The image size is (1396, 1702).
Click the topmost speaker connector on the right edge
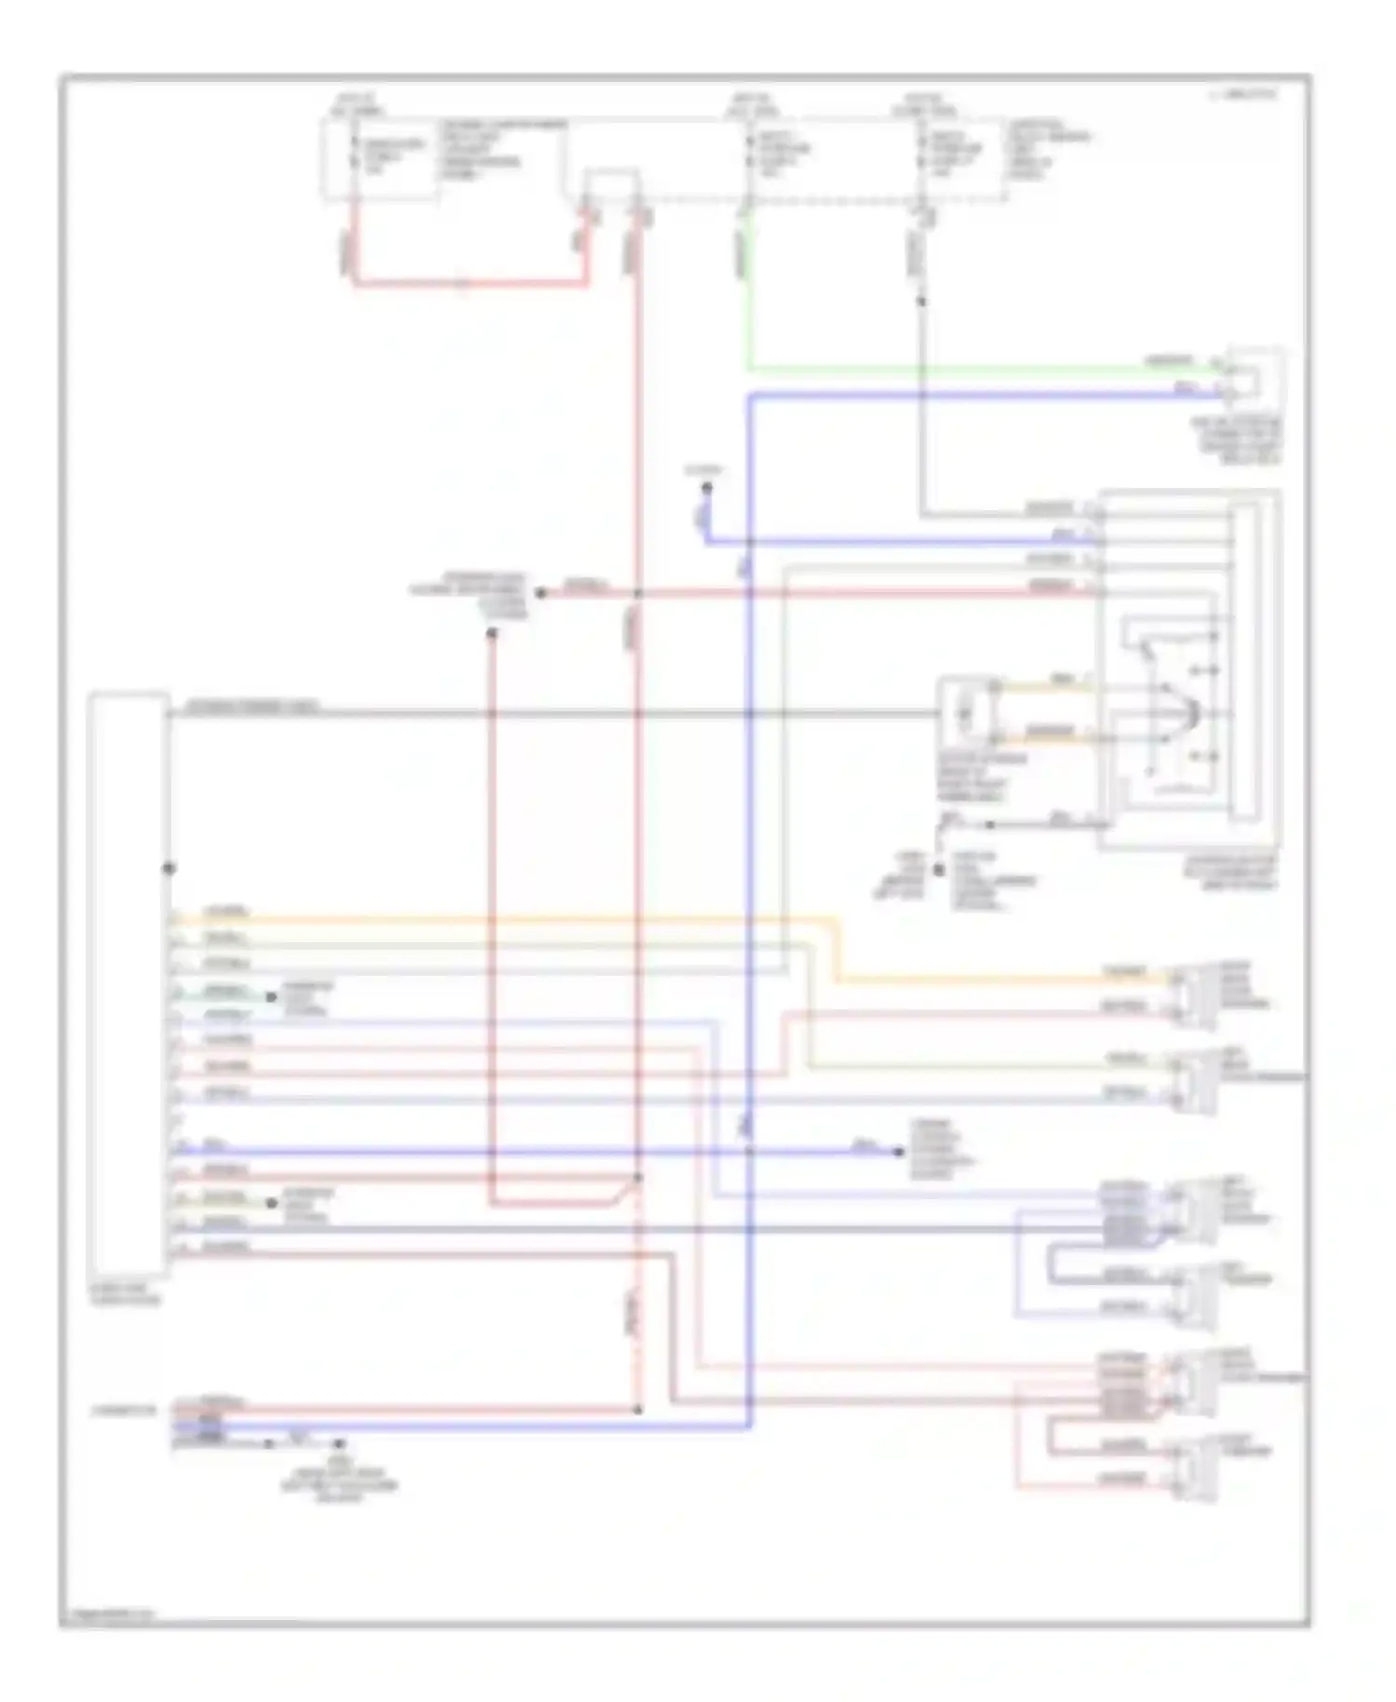pos(1196,996)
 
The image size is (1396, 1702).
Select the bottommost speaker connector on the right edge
pos(1196,1469)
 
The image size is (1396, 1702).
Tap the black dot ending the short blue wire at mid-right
pos(899,1152)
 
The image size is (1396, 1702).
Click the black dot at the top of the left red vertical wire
pos(491,633)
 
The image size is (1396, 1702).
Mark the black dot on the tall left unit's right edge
pos(168,868)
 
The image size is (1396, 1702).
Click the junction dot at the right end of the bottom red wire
pos(638,1410)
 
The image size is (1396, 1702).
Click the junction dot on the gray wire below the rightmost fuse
pos(921,302)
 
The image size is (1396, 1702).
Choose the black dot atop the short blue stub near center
pos(706,488)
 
